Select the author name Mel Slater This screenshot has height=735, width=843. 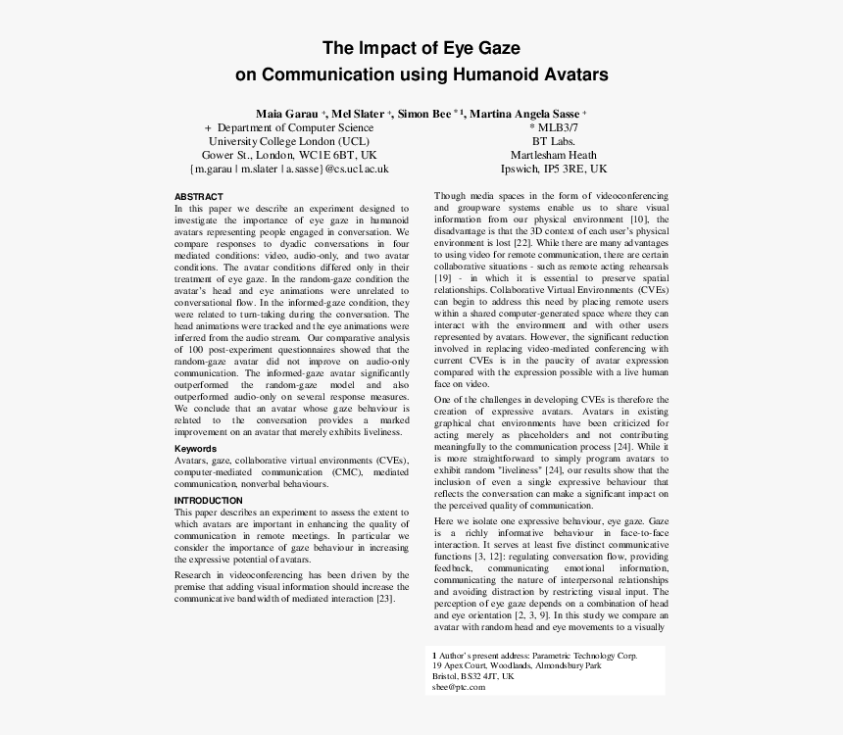[x=359, y=113]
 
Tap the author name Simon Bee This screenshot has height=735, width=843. [x=426, y=113]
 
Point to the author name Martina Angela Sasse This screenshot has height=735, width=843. [x=523, y=113]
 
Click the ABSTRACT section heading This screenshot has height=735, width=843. [x=198, y=197]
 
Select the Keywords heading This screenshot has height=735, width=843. [x=197, y=449]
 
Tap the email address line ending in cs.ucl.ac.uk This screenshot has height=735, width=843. [x=289, y=169]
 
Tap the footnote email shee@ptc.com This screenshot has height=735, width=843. [x=459, y=687]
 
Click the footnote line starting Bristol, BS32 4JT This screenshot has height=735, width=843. [x=473, y=676]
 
